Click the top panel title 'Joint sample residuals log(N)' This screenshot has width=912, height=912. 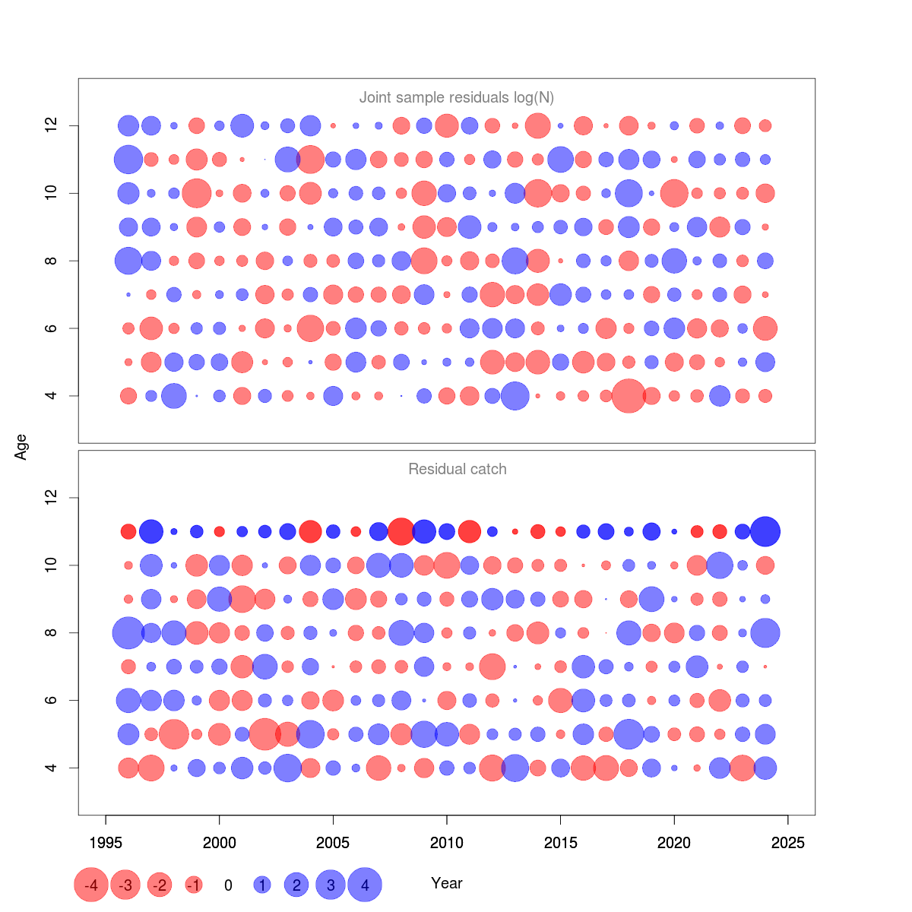456,97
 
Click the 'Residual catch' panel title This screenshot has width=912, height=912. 457,469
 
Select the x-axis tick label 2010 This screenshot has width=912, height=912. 446,843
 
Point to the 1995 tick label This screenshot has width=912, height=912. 106,843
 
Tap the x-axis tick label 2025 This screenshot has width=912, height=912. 787,843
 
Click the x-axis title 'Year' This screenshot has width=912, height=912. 446,883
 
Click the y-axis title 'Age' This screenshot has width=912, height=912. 21,447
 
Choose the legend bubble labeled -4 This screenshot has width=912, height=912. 91,885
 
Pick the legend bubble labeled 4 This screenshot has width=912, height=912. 365,885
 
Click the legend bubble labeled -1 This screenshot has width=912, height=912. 194,885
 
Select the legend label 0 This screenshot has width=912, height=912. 228,885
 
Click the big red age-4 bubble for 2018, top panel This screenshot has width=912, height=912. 629,396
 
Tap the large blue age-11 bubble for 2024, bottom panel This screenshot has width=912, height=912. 765,532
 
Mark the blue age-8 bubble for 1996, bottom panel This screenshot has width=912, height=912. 128,633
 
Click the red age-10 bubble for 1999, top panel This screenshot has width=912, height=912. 197,193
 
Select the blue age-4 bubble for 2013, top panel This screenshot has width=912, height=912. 515,396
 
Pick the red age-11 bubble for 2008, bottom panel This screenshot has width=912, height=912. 401,531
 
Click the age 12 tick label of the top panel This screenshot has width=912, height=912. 51,125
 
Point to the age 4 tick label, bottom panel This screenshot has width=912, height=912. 51,768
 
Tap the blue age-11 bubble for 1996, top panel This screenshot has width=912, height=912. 128,160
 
